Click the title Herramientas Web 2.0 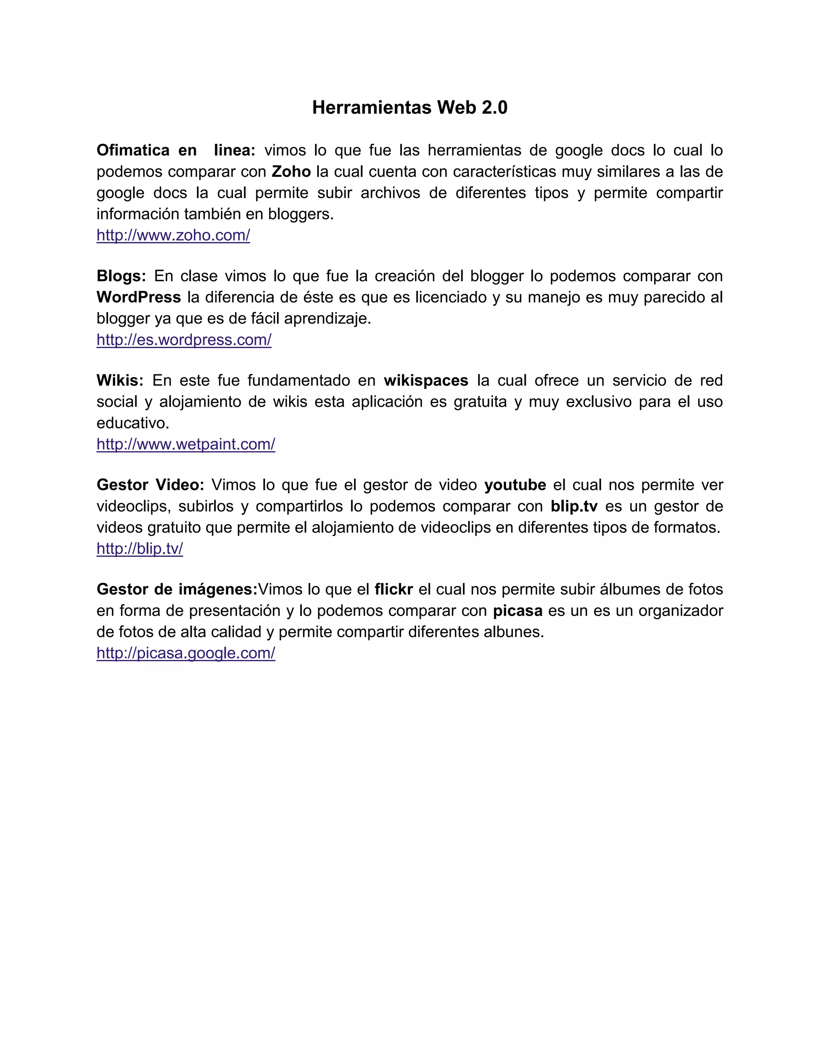pos(410,107)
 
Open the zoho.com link pos(173,235)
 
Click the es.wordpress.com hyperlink pos(184,340)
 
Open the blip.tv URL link pos(139,548)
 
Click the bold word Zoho pos(291,172)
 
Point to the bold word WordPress pos(139,297)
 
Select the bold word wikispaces pos(426,380)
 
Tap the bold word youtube pos(515,485)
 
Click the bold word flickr pos(394,589)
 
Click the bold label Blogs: pos(121,276)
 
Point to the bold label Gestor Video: pos(150,485)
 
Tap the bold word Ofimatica pos(133,150)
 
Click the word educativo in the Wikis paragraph pos(133,423)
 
